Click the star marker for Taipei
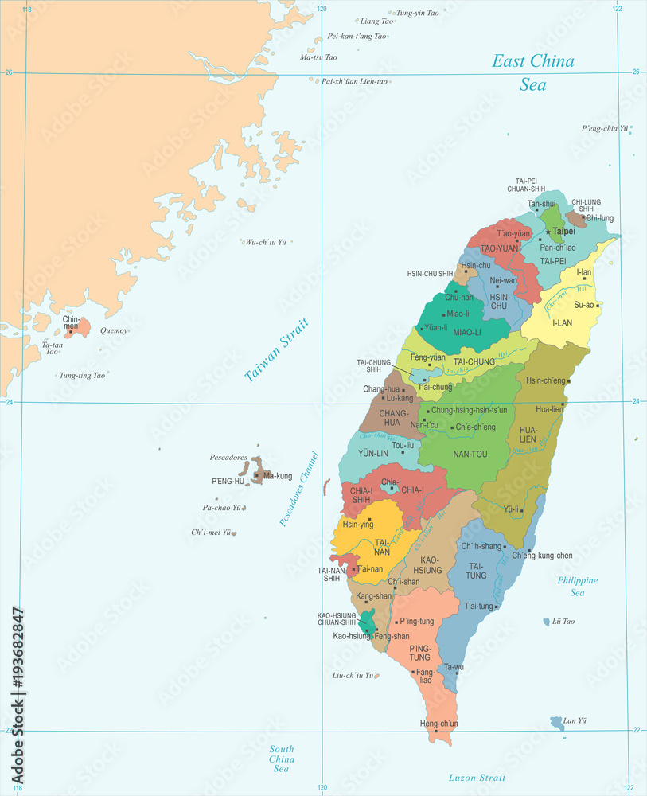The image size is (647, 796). (548, 231)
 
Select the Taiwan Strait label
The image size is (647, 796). (276, 350)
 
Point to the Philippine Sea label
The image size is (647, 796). (578, 587)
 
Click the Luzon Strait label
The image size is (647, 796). (477, 778)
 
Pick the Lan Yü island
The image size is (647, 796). (557, 723)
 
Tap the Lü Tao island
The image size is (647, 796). (547, 622)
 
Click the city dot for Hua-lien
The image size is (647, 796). (563, 405)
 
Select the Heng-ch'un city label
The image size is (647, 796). (439, 723)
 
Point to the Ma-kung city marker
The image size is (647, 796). (256, 476)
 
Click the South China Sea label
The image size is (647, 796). (281, 759)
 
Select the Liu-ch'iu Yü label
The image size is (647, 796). (352, 675)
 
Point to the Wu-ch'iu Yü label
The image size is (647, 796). (265, 242)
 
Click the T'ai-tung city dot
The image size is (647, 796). (497, 607)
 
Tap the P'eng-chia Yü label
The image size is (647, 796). (605, 128)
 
